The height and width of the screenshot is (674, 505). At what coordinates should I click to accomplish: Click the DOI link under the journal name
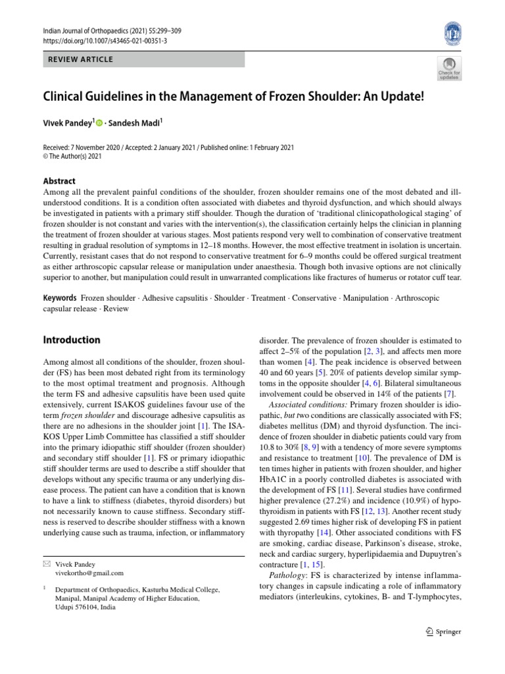(105, 41)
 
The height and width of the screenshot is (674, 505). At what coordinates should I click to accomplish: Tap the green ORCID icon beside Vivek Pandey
(101, 122)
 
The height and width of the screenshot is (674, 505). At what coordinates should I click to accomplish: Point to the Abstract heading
(59, 181)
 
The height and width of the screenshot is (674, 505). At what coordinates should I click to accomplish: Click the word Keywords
(59, 298)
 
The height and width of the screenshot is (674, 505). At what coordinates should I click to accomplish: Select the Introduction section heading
(72, 340)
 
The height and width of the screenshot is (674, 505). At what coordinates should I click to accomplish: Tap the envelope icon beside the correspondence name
(46, 564)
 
